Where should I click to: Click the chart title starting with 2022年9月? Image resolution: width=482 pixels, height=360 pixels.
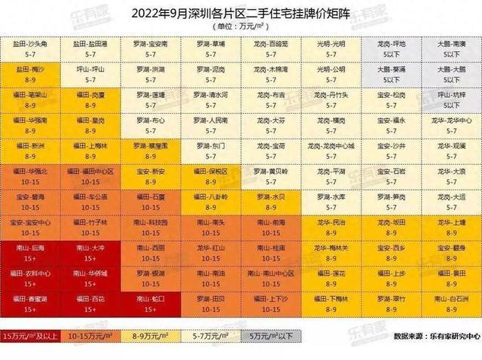[x=241, y=13]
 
